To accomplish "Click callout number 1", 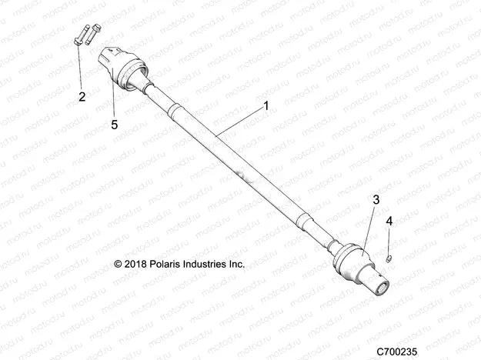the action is point(266,106).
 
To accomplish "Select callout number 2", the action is point(82,97).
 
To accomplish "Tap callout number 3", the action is point(376,200).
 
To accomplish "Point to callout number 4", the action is point(389,221).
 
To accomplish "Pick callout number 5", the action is point(115,125).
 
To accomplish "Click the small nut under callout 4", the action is point(389,258).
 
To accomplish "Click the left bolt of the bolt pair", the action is point(81,35).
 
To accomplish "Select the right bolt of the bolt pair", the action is point(93,34).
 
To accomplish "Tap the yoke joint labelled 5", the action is point(122,68).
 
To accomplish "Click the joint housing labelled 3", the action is point(352,261).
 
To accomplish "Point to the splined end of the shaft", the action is point(381,287).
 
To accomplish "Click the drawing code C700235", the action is point(396,352).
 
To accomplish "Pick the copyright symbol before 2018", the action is point(118,264).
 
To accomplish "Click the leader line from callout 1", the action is point(239,122).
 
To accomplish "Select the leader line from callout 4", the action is point(389,242).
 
